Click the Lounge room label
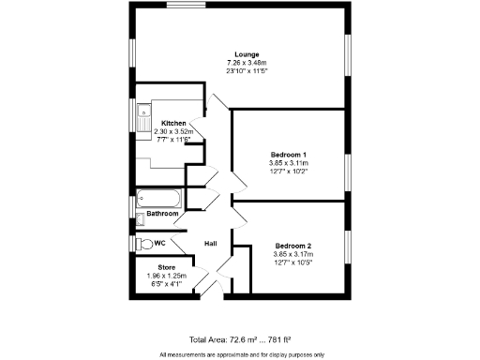point(247,54)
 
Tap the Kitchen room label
point(173,124)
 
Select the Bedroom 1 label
point(289,154)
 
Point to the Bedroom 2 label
point(292,246)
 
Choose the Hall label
point(212,244)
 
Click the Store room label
point(167,267)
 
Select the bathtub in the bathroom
point(160,198)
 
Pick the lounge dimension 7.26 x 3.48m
point(247,63)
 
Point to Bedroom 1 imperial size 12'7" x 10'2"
point(289,171)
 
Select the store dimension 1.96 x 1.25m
point(167,276)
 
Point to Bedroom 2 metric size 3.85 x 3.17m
point(292,254)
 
